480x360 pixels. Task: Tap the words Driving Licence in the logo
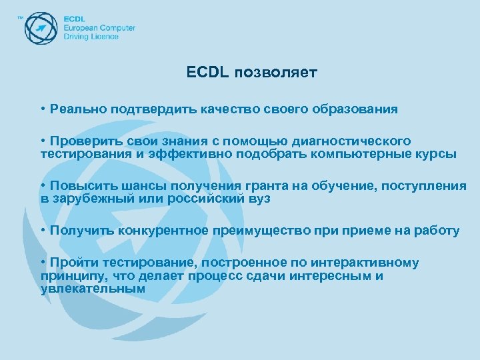point(91,37)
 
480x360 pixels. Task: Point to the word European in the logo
point(81,28)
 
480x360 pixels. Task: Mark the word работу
point(437,231)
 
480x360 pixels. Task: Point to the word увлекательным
point(93,289)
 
